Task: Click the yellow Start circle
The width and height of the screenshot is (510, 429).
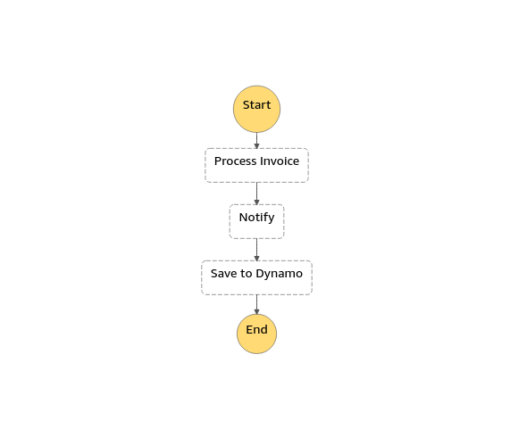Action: (256, 109)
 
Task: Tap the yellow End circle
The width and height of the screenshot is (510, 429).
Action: (256, 334)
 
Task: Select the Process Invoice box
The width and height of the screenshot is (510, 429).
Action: (256, 165)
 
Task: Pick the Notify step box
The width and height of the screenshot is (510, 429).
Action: (256, 221)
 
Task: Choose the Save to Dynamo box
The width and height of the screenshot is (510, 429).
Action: (256, 277)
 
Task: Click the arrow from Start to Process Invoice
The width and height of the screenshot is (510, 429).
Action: (256, 141)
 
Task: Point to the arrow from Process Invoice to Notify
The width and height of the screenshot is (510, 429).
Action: (256, 194)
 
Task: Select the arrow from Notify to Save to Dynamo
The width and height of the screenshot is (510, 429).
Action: (256, 250)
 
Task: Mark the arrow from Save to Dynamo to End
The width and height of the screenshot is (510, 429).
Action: (256, 305)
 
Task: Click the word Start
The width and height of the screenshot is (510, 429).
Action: (256, 105)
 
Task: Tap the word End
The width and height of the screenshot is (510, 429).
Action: (256, 330)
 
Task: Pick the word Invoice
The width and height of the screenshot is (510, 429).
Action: (280, 161)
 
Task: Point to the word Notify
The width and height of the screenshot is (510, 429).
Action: (256, 218)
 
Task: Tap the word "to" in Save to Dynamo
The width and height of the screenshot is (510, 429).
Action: (247, 274)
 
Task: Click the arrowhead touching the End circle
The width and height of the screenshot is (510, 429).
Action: (256, 312)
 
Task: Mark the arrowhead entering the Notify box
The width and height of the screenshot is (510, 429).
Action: (256, 202)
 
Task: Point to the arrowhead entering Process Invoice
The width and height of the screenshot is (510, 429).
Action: (256, 146)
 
